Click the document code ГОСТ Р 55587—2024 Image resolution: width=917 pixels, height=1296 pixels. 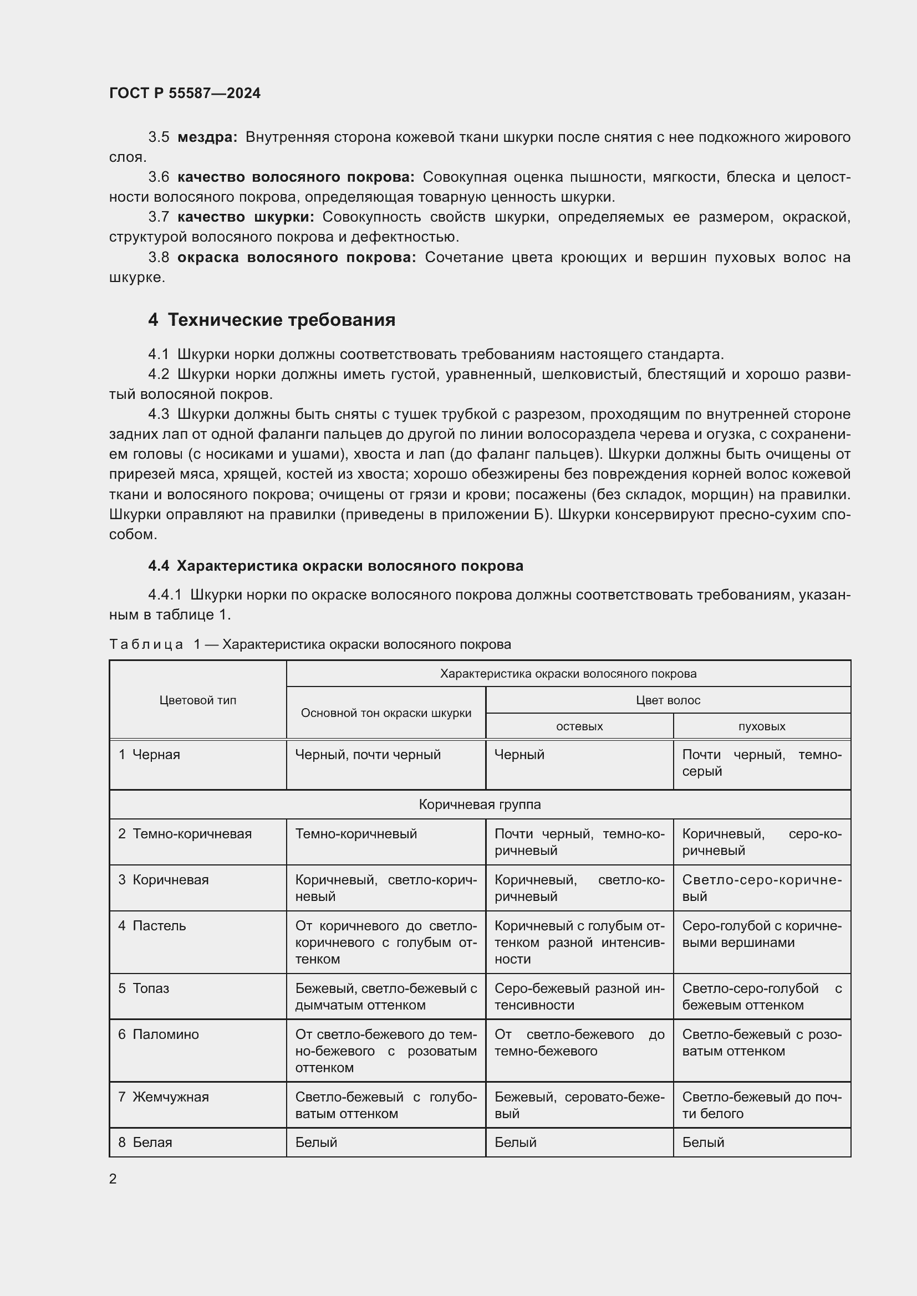185,93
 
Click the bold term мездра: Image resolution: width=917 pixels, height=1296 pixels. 207,137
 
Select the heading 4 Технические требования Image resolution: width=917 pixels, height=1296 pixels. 272,320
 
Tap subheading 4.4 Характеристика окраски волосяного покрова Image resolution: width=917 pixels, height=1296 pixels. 335,566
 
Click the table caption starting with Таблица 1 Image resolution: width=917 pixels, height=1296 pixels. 310,644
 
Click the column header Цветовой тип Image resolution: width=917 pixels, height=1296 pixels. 197,700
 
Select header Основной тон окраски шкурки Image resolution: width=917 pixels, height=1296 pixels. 386,713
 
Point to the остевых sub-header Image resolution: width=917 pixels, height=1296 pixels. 579,726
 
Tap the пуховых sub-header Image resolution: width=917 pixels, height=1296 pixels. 762,726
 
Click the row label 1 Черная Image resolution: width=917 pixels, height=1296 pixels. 150,755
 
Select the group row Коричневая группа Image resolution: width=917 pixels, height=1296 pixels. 480,805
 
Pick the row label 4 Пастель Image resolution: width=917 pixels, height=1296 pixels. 152,926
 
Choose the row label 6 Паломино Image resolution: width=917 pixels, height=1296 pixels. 159,1034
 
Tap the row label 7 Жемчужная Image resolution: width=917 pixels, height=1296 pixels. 163,1097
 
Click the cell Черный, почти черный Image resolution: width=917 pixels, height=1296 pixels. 368,755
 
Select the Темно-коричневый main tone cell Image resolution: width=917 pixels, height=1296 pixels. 356,834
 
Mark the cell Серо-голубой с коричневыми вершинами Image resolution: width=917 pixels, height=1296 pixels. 761,934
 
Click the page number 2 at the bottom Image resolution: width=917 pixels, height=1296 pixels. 113,1179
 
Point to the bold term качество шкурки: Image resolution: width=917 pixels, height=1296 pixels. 246,217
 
